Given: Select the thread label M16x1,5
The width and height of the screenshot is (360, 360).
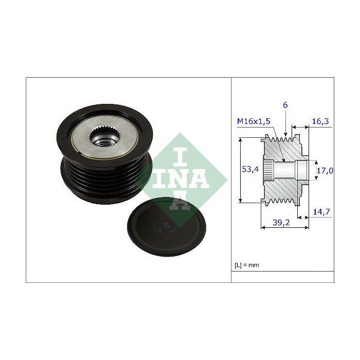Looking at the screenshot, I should (254, 121).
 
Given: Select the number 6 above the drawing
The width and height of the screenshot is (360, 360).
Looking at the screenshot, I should (285, 105).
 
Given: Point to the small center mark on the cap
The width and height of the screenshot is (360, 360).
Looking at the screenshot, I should (165, 224).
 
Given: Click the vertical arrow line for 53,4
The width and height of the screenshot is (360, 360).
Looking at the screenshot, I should (241, 170).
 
